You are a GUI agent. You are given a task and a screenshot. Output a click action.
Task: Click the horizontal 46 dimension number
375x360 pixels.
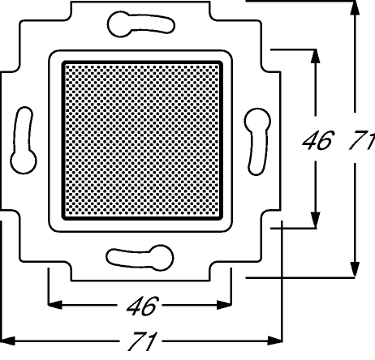[x=142, y=306]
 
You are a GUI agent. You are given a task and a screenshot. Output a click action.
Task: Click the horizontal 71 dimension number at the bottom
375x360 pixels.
[x=142, y=341]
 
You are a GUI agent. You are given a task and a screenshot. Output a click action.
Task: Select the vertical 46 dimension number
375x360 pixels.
[x=317, y=140]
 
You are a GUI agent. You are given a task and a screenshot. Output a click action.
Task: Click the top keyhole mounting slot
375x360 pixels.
[x=140, y=24]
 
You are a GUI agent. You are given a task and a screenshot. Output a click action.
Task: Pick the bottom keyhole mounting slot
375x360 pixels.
[x=140, y=258]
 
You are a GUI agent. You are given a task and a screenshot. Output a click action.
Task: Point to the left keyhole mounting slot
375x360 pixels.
[x=24, y=140]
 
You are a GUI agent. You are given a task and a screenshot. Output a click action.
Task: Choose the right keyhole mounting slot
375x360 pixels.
[x=257, y=141]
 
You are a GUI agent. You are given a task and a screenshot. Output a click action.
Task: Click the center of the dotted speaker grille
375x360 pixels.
[x=142, y=140]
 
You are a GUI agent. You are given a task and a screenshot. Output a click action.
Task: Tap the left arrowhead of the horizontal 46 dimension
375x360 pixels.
[x=55, y=305]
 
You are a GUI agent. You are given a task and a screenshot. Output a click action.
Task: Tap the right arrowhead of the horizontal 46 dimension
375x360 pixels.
[x=225, y=305]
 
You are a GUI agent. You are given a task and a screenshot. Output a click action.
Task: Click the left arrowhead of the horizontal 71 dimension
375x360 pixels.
[x=7, y=341]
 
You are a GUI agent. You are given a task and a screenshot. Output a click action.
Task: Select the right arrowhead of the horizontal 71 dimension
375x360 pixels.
[x=275, y=341]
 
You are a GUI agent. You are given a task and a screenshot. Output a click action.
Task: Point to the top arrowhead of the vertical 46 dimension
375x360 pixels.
[x=315, y=56]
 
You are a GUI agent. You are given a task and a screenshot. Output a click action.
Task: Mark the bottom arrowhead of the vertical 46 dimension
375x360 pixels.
[x=315, y=221]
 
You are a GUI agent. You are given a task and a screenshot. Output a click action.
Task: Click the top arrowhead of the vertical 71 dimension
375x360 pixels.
[x=355, y=8]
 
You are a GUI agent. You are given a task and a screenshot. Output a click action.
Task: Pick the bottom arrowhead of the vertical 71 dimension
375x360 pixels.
[x=355, y=269]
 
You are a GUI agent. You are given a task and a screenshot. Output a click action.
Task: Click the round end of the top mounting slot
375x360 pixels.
[x=120, y=24]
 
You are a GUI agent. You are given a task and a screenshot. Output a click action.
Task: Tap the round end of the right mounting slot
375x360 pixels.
[x=257, y=121]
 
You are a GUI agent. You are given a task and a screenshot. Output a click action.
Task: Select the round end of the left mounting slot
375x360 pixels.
[x=24, y=161]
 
